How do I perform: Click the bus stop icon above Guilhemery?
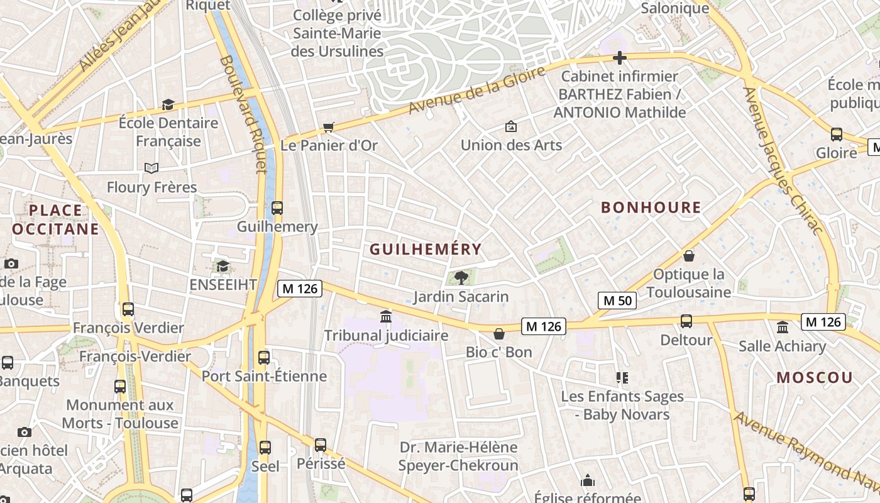[x=277, y=208]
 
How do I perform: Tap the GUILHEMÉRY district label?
[x=426, y=250]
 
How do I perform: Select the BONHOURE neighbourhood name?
[x=651, y=207]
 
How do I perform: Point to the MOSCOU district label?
[x=815, y=378]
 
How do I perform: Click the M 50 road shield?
[x=617, y=301]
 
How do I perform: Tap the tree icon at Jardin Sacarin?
[x=461, y=277]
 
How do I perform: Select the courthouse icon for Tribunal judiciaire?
[x=386, y=316]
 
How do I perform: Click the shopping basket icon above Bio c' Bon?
[x=499, y=333]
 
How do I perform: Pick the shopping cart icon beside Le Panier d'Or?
[x=328, y=128]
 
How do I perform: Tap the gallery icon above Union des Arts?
[x=511, y=126]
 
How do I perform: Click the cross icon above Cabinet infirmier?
[x=620, y=58]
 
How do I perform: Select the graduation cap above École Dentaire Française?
[x=168, y=104]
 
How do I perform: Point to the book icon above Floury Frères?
[x=151, y=168]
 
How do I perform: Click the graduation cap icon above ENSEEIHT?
[x=223, y=267]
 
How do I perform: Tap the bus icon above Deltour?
[x=686, y=321]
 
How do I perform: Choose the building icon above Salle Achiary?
[x=783, y=327]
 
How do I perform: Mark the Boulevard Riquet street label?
[x=243, y=113]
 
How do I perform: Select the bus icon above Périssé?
[x=321, y=445]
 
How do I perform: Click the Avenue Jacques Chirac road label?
[x=783, y=160]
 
